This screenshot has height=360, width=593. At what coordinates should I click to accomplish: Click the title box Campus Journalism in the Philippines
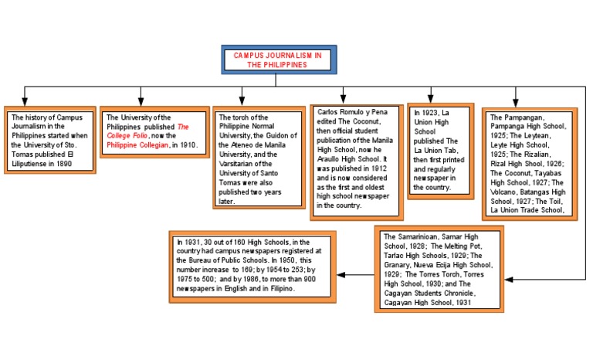click(276, 60)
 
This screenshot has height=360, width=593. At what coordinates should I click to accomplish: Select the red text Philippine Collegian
click(137, 145)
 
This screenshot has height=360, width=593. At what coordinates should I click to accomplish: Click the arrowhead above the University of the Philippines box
click(141, 100)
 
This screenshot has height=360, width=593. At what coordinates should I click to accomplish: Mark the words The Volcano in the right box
click(506, 192)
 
